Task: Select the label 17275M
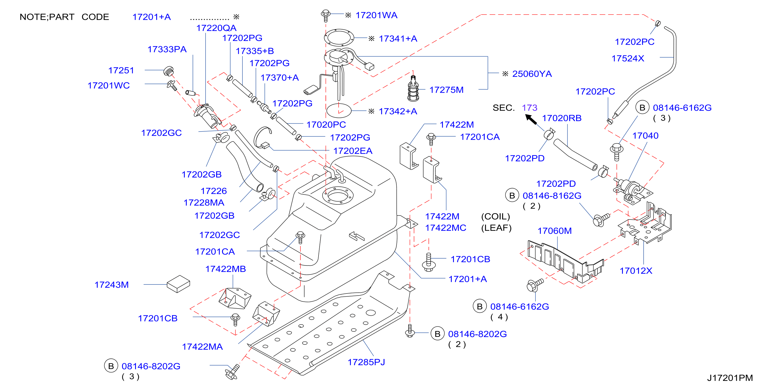pyautogui.click(x=446, y=90)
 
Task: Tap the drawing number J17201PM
pyautogui.click(x=730, y=378)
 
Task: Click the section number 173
pyautogui.click(x=529, y=108)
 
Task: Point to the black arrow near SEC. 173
pyautogui.click(x=531, y=119)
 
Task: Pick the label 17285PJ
pyautogui.click(x=366, y=362)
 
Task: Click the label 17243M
pyautogui.click(x=112, y=284)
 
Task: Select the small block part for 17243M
pyautogui.click(x=178, y=284)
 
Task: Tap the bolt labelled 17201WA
pyautogui.click(x=326, y=16)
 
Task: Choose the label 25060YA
pyautogui.click(x=532, y=74)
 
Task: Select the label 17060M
pyautogui.click(x=554, y=231)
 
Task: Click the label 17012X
pyautogui.click(x=636, y=270)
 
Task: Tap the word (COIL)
pyautogui.click(x=495, y=216)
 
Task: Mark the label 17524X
pyautogui.click(x=628, y=58)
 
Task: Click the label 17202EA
pyautogui.click(x=353, y=151)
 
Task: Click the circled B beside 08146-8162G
pyautogui.click(x=512, y=195)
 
